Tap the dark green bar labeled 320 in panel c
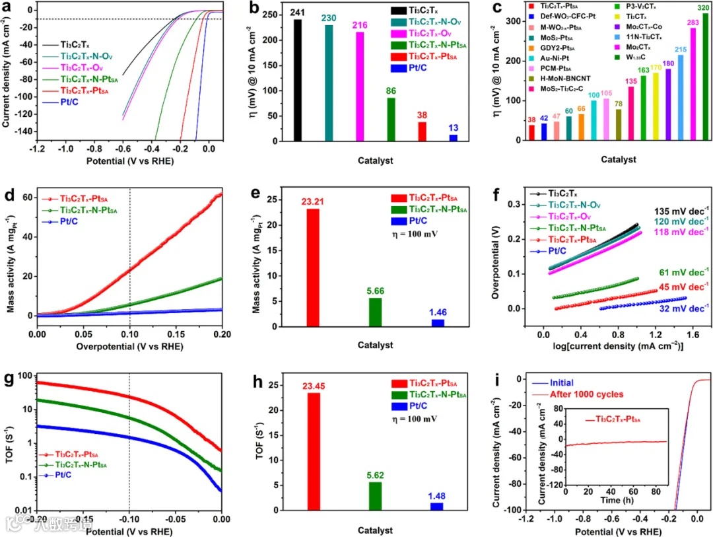[705, 77]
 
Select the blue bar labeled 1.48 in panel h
[437, 506]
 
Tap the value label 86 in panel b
[391, 91]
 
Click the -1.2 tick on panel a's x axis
[27, 149]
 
